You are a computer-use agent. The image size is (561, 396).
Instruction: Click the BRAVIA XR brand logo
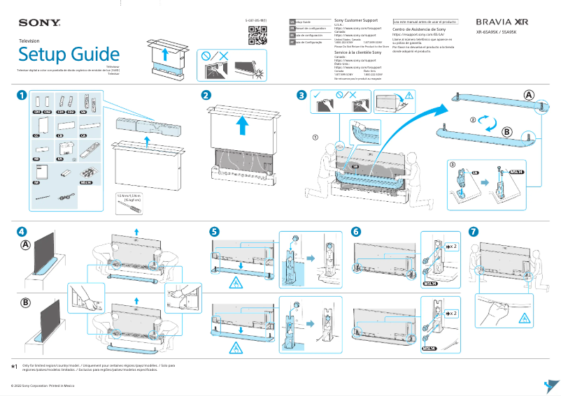click(x=506, y=22)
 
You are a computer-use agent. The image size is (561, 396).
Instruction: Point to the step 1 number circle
click(x=22, y=95)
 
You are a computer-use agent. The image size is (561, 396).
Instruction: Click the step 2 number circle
click(x=206, y=95)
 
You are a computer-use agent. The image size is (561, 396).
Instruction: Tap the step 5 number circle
click(x=215, y=231)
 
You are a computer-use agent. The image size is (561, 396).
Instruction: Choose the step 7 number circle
click(x=474, y=231)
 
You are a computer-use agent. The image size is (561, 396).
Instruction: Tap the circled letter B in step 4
click(x=26, y=303)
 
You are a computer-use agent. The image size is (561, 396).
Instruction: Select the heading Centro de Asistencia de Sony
click(x=419, y=30)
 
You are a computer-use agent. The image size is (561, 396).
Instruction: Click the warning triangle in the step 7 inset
click(x=520, y=318)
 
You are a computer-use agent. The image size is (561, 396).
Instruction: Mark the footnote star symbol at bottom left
click(x=15, y=366)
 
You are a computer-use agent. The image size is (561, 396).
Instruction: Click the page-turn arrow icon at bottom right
click(x=551, y=385)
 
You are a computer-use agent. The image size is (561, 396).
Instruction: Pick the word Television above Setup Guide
click(x=29, y=41)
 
